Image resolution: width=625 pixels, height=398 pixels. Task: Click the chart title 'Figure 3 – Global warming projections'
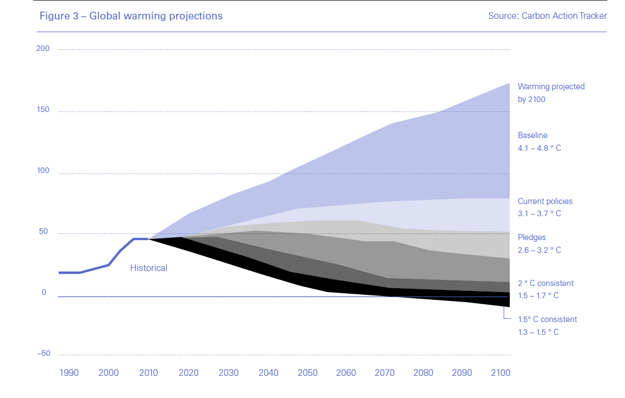(x=131, y=16)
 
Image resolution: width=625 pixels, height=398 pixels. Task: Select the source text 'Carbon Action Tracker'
(x=564, y=16)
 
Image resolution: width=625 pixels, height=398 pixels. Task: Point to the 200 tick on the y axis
(x=43, y=49)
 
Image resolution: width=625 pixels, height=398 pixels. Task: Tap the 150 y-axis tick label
(x=43, y=110)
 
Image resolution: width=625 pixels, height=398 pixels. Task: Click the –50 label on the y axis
(x=43, y=354)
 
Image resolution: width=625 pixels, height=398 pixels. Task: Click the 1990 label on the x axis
(x=69, y=373)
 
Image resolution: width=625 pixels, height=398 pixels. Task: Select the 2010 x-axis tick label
(x=148, y=373)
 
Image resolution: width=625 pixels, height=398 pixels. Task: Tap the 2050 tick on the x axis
(x=308, y=373)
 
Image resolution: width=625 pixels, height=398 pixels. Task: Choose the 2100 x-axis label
(x=500, y=373)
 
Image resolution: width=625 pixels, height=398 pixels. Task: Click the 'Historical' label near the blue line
(x=148, y=268)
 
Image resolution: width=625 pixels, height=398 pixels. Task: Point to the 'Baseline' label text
(x=532, y=135)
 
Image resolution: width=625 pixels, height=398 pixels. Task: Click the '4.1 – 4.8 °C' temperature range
(x=539, y=149)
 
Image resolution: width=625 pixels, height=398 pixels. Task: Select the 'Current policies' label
(x=545, y=201)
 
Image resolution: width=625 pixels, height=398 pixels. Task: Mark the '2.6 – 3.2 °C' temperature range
(x=539, y=250)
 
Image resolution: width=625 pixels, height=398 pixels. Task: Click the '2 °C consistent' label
(x=546, y=283)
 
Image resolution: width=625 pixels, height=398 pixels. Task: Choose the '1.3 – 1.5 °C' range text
(x=538, y=332)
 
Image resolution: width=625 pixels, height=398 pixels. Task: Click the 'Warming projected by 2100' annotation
(x=551, y=93)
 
